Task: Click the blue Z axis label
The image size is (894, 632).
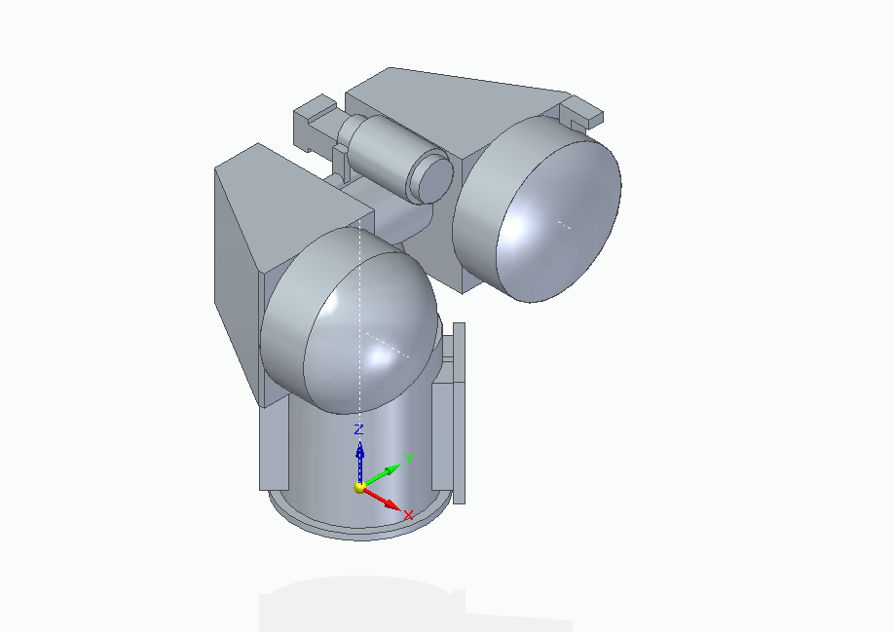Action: coord(358,429)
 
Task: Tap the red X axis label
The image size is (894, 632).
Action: coord(409,514)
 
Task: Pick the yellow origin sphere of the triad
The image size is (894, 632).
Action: coord(359,487)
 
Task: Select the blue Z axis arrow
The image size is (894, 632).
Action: coord(359,458)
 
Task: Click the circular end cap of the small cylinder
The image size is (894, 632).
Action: coord(431,177)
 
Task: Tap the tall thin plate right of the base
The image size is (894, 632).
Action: coord(459,409)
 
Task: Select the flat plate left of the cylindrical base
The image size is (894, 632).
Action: coord(274,448)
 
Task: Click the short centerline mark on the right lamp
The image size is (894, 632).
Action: coord(564,224)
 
